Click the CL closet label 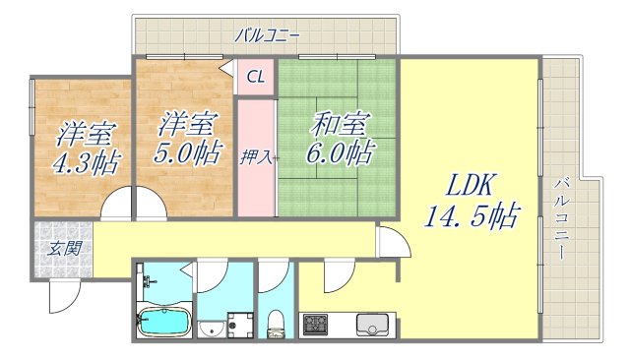coord(255,77)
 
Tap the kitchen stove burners coord(316,323)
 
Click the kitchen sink coord(374,324)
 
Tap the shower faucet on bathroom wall coord(147,286)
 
